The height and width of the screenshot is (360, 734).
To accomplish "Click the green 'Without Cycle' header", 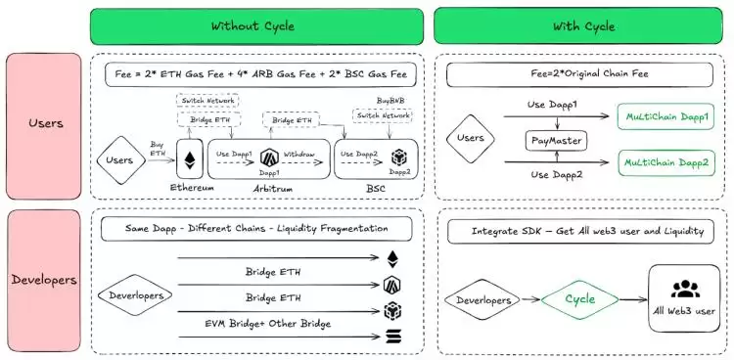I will pos(256,25).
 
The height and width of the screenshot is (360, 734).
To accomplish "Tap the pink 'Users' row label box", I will pos(44,124).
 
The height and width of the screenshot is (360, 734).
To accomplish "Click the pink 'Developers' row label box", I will pos(44,280).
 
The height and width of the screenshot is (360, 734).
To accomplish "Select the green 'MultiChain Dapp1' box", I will pos(666,117).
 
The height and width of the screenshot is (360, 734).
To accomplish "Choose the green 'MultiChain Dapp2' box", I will pos(666,160).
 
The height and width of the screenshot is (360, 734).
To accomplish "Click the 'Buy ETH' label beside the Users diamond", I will pos(157,147).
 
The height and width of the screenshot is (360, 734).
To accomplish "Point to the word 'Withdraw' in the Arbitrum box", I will pos(299,154).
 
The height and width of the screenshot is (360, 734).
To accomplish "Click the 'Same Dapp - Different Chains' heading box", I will pos(256,229).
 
